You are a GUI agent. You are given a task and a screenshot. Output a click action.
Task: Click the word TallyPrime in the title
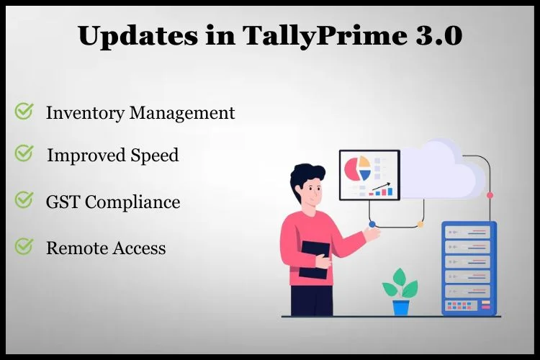point(326,36)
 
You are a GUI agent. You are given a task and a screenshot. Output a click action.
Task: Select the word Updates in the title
point(138,37)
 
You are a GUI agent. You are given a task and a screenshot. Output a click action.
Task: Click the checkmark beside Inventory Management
point(24,112)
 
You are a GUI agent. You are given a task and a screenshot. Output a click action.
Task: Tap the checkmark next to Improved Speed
point(24,153)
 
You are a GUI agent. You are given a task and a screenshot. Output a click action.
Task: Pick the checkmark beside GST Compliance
point(24,200)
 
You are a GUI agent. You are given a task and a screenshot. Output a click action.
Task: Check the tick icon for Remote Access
point(24,246)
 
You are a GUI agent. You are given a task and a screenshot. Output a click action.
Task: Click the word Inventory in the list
point(85,113)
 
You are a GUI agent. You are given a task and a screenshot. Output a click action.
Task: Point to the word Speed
point(155,155)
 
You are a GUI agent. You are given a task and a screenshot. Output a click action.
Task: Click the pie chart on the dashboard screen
point(358,168)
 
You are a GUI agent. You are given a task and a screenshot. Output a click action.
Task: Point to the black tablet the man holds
point(313,260)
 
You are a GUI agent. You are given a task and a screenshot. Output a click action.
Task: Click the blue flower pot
point(401,307)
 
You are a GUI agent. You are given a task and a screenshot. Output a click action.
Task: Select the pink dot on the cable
point(490,195)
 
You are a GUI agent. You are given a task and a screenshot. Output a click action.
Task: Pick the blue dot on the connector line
point(372,224)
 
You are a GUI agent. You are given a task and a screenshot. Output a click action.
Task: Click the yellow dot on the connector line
point(420,224)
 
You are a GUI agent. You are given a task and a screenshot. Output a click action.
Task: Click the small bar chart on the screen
point(381,190)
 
